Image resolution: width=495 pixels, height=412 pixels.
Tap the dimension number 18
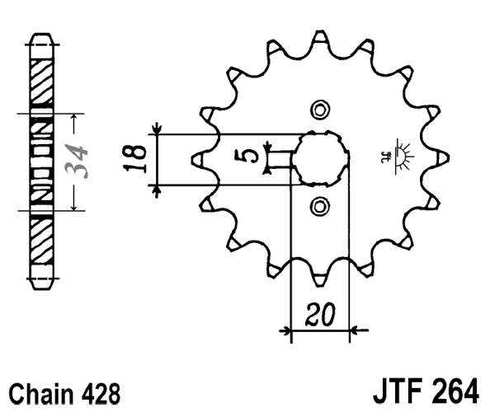pyautogui.click(x=138, y=157)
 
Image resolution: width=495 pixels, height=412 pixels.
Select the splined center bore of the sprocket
pyautogui.click(x=320, y=158)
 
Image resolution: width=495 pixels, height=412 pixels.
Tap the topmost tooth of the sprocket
pyautogui.click(x=320, y=37)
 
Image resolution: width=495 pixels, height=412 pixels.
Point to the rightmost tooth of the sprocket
pyautogui.click(x=442, y=157)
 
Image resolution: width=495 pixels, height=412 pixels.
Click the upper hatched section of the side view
pyautogui.click(x=42, y=82)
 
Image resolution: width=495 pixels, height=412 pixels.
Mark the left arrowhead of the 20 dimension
pyautogui.click(x=288, y=332)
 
